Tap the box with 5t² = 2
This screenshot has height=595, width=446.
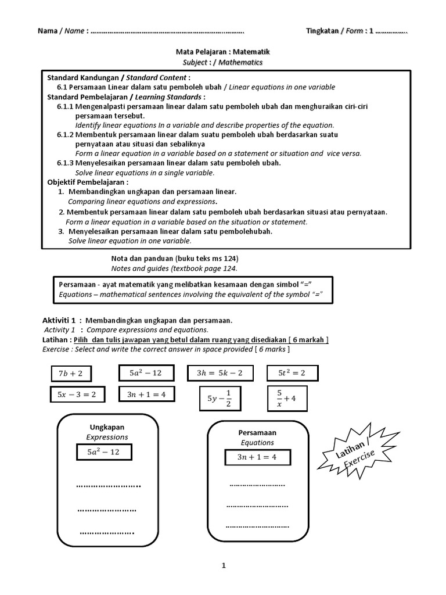(292, 372)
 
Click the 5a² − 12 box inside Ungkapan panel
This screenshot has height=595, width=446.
(103, 452)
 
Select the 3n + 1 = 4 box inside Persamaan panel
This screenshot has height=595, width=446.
(257, 457)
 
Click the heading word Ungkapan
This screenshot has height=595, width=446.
(107, 427)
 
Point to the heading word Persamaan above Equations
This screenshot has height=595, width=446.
(257, 433)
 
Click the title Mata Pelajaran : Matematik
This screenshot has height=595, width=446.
(223, 52)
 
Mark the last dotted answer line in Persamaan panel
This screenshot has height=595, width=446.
(257, 526)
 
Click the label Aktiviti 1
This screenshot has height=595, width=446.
(59, 320)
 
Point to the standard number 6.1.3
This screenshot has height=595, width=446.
(66, 163)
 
